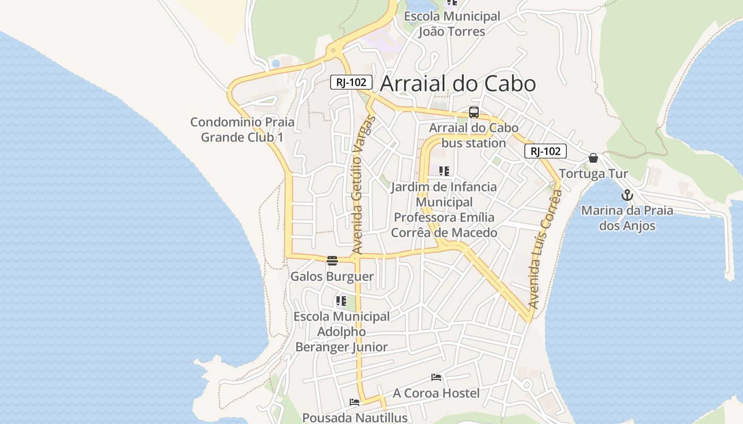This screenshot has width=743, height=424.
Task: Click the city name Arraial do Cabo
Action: coord(457,84)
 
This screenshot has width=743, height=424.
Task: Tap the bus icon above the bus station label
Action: coord(474,112)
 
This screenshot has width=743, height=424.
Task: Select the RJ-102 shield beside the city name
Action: coord(351,82)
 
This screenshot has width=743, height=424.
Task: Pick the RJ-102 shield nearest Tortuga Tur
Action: coord(546,151)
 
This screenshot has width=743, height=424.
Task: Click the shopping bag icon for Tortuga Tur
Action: coord(593,158)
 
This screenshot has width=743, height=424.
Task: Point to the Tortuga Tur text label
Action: coord(593,174)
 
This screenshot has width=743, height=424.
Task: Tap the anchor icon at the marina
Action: coord(627,195)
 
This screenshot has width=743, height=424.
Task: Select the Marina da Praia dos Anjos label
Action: coord(627,218)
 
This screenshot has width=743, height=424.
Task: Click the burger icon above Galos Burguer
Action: coord(332,261)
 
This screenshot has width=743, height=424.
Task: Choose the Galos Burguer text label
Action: coord(332,277)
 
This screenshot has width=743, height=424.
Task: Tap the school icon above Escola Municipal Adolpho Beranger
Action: coord(341,301)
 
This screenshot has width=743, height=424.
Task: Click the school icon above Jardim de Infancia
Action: coord(444,171)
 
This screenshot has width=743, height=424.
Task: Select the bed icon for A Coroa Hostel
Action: coord(436,377)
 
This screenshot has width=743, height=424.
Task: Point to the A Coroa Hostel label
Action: coord(436,393)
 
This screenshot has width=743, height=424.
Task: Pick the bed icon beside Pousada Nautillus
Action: coord(355,402)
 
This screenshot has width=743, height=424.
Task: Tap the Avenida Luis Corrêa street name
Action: coord(546,249)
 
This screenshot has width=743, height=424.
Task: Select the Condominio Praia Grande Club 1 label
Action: coord(242,130)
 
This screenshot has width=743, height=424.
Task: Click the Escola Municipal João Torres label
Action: coord(452,24)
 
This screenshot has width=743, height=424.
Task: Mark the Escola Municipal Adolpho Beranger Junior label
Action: coord(342,332)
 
